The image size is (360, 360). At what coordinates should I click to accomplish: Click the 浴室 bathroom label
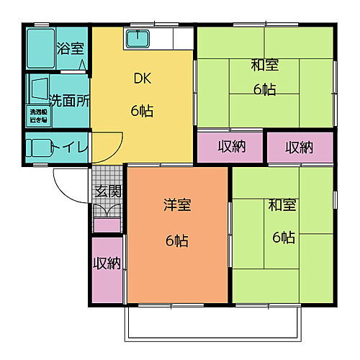(70, 50)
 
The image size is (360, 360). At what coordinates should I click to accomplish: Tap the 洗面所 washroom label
(69, 102)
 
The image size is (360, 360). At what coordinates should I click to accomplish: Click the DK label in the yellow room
(141, 80)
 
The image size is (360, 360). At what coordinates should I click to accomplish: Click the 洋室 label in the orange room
(176, 206)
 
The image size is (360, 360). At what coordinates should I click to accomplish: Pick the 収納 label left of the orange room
(107, 264)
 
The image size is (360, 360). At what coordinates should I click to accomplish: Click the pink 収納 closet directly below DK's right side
(230, 147)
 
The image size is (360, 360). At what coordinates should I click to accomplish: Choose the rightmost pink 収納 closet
(300, 147)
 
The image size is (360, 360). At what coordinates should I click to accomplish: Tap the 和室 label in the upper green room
(264, 66)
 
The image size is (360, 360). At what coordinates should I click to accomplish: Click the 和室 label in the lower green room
(283, 206)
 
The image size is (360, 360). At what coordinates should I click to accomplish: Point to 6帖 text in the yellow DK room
(141, 112)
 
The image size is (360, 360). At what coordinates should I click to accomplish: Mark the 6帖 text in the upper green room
(264, 89)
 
